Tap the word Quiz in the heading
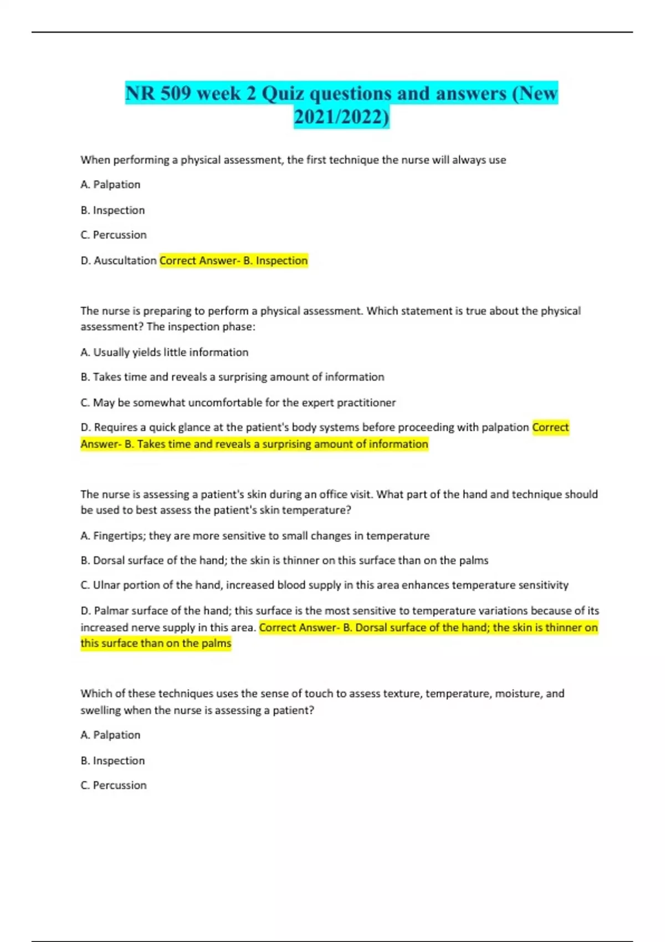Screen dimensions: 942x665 283,93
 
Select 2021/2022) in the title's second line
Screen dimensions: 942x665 341,117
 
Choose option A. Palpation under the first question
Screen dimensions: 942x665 110,185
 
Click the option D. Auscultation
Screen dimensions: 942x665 119,260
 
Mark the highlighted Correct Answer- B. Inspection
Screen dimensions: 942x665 233,260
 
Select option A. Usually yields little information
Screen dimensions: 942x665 164,352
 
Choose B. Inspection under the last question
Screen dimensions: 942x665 112,761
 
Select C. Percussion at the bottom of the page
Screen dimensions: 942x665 114,785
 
